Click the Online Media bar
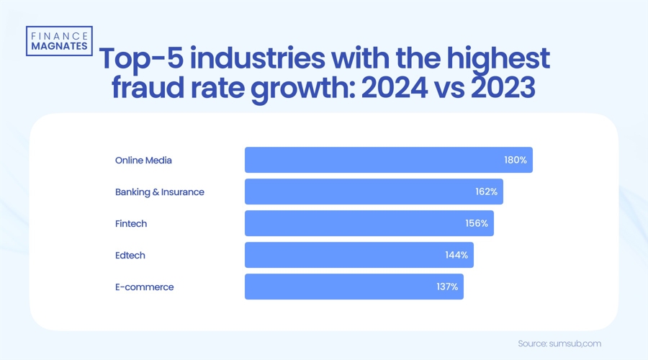pos(388,160)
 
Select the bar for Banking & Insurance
pos(374,192)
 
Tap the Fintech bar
pos(369,223)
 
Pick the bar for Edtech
pos(359,255)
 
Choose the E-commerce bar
pos(354,287)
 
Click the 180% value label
pos(516,160)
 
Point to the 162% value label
pos(486,192)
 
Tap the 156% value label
pos(477,223)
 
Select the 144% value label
pos(456,255)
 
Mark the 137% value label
pos(446,287)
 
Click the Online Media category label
pos(143,160)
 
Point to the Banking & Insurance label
pos(160,192)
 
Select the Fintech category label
pos(131,223)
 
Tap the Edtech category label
pos(130,255)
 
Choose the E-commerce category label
pos(145,287)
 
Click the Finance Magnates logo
pos(58,40)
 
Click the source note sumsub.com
pos(560,343)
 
